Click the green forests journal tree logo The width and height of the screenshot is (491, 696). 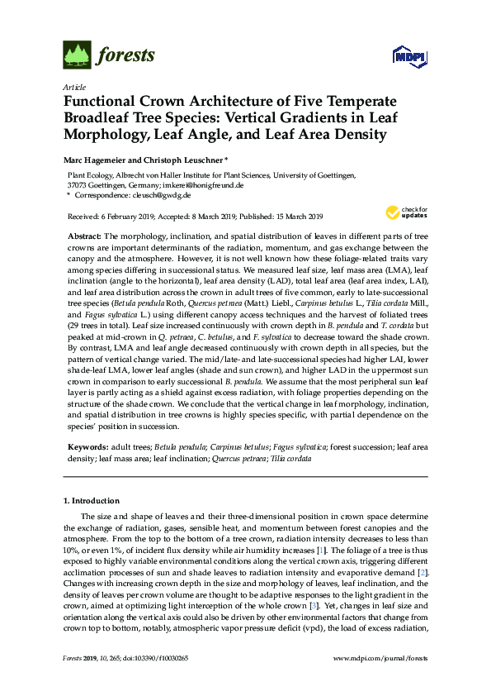pos(77,55)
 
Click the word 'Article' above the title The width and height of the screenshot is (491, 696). pos(73,86)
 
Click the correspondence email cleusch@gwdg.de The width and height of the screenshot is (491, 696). pos(162,196)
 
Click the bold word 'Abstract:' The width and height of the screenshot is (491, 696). pos(87,236)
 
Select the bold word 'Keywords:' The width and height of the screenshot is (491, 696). pos(88,445)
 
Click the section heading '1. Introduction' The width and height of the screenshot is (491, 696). pos(92,501)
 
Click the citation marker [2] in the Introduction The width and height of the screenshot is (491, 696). pos(422,571)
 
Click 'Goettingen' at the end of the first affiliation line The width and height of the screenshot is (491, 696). pos(333,175)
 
